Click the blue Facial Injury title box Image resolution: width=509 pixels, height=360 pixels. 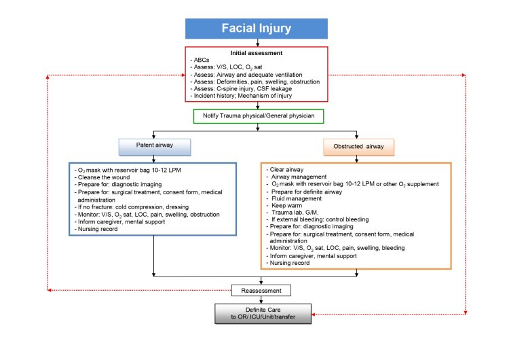coord(257,28)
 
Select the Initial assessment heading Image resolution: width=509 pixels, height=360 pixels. coord(257,52)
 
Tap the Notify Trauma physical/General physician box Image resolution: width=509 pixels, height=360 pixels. coord(257,116)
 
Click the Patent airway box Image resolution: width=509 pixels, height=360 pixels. coord(155,146)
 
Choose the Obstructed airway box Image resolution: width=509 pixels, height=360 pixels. coord(358,146)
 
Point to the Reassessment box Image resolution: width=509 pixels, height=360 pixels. coord(261,290)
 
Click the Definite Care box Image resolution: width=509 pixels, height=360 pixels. coord(261,313)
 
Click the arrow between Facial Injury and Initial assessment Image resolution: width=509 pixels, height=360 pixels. coord(257,42)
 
